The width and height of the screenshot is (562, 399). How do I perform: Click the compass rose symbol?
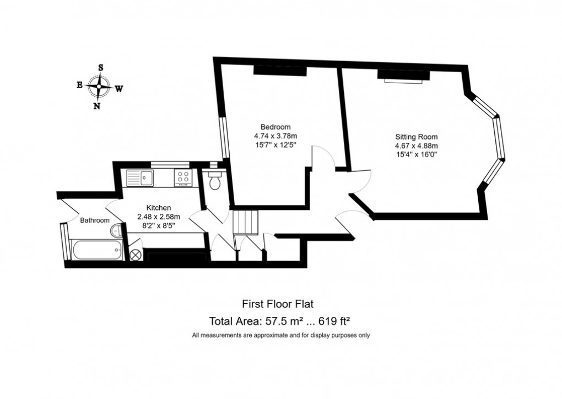[x=99, y=87]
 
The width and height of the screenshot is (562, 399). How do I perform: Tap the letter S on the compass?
[x=100, y=67]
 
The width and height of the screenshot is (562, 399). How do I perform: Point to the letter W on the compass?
[x=119, y=88]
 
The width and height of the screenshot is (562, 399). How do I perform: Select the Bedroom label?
[x=275, y=126]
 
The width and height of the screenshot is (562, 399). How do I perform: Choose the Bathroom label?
[x=95, y=220]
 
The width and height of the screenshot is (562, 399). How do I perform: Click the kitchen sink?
[x=143, y=177]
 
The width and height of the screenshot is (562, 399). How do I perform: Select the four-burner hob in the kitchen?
[x=183, y=177]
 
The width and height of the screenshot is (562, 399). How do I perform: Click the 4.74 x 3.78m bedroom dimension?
[x=275, y=136]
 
